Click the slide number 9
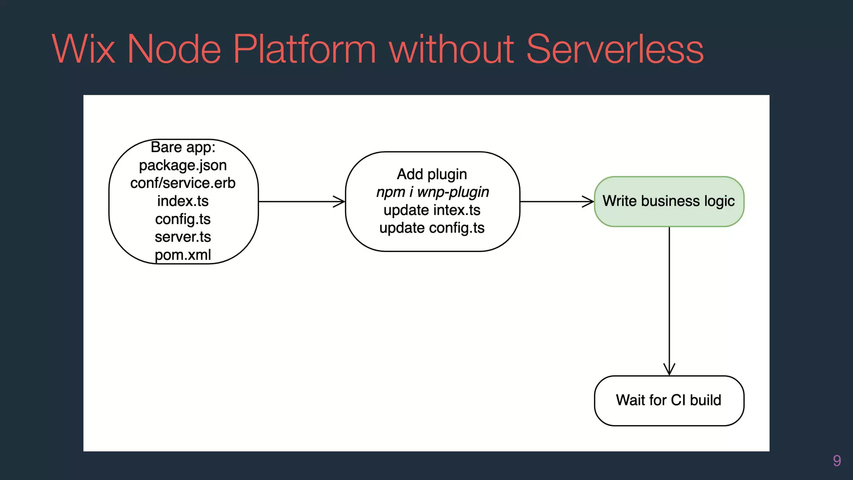coord(836,460)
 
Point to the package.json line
coord(183,165)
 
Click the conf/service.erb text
coord(183,183)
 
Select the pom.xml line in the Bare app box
coord(183,255)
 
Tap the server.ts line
coord(183,237)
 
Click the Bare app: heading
coord(183,147)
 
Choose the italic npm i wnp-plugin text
coord(432,192)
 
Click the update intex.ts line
coord(432,210)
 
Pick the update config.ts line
coord(432,228)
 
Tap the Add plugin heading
coord(432,174)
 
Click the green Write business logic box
coord(669,201)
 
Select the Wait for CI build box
coord(669,400)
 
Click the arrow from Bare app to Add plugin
coord(302,202)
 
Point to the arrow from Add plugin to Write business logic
coord(557,202)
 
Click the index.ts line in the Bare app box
coord(183,201)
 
